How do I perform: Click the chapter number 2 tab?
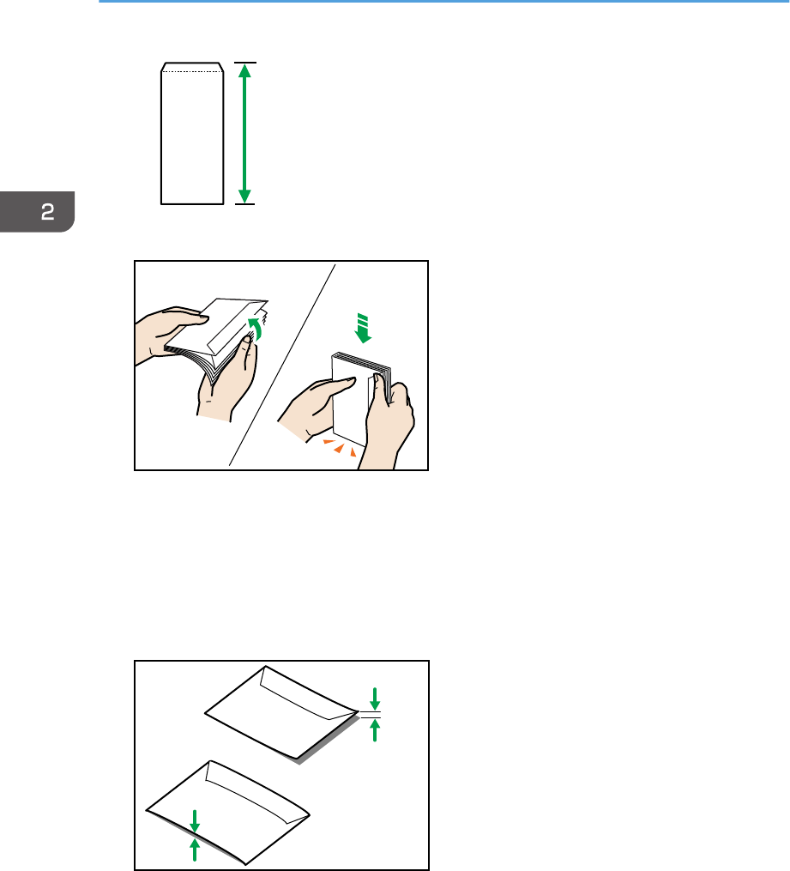coord(37,212)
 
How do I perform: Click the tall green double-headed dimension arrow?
coord(244,133)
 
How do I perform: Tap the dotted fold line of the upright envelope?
coord(192,72)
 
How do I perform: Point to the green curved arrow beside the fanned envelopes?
coord(256,328)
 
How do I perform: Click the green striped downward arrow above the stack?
coord(363,328)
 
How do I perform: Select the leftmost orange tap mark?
coord(329,442)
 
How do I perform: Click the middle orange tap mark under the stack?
coord(339,448)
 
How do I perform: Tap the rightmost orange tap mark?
coord(353,452)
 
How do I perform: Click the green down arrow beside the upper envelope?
coord(375,699)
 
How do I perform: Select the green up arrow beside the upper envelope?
coord(375,730)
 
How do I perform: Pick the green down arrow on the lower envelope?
coord(195,821)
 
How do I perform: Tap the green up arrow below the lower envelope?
coord(195,850)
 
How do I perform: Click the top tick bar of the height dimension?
coord(244,63)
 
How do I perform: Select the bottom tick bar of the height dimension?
coord(244,204)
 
